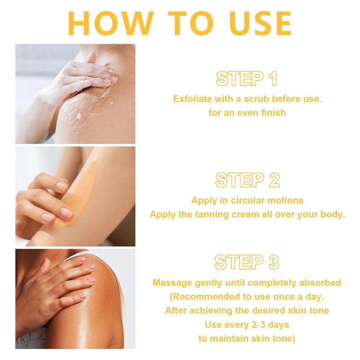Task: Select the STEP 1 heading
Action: click(x=247, y=78)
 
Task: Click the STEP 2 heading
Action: click(x=247, y=180)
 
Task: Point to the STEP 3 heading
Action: click(x=247, y=262)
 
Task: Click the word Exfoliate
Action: click(x=193, y=99)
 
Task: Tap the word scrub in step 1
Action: click(x=256, y=99)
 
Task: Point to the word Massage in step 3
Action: click(x=172, y=283)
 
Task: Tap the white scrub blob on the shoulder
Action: click(x=79, y=116)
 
